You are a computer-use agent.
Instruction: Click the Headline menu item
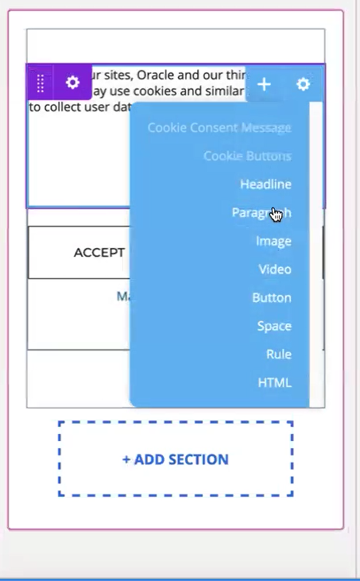[265, 184]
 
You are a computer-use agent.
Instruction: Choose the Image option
[273, 241]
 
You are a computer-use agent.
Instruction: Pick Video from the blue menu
[275, 269]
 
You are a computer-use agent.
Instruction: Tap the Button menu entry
[272, 298]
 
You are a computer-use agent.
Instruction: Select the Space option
[274, 326]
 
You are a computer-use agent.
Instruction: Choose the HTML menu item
[275, 382]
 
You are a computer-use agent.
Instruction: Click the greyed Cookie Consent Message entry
[219, 127]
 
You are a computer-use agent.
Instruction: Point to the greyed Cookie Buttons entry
[247, 156]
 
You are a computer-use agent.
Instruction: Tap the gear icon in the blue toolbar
[303, 84]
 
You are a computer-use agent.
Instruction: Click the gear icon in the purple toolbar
[72, 83]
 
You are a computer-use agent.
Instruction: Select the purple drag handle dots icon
[41, 83]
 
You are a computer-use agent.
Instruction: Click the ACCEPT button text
[99, 253]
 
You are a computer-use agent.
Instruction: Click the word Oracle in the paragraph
[157, 76]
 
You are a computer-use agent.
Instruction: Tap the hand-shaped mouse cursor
[276, 215]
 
